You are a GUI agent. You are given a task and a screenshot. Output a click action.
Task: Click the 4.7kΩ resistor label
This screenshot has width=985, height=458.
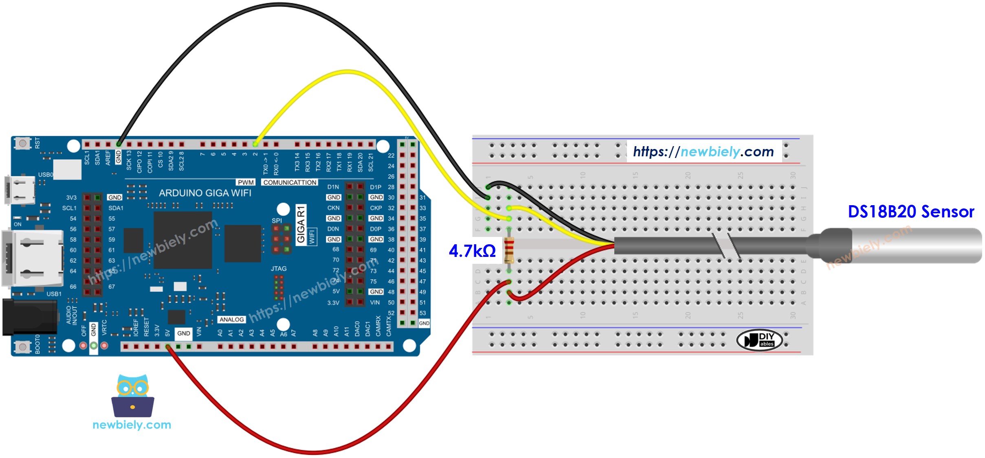coord(472,251)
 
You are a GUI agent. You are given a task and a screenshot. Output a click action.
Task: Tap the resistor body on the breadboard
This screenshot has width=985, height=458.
coord(509,251)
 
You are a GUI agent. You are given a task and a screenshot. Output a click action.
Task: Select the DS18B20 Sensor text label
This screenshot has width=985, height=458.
coord(910,212)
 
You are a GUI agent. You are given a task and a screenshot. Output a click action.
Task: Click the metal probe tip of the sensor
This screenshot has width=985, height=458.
coord(917,245)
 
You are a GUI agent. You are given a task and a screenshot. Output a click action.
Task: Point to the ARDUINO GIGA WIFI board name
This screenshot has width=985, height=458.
coord(205,193)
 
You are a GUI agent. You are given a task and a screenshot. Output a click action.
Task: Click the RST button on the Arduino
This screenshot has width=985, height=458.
coord(22,143)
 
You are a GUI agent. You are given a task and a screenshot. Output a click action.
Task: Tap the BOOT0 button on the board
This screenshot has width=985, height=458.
coord(22,346)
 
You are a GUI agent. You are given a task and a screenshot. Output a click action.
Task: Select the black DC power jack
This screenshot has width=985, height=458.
coord(29,318)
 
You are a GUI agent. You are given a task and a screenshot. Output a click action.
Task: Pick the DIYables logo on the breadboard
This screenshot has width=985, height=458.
coord(759,340)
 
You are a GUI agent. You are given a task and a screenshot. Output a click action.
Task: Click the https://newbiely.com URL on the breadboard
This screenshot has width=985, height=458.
coord(704,152)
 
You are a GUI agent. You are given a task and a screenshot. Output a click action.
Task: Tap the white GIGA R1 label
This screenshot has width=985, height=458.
coord(301,225)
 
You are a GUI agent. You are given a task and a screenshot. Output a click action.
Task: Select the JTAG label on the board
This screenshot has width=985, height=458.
coord(279,269)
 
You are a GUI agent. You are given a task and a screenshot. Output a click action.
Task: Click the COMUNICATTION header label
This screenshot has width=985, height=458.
coord(290,182)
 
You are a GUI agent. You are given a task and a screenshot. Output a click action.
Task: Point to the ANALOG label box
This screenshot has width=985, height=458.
coord(231,320)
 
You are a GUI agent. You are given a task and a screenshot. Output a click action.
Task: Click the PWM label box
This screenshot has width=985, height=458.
coord(246,182)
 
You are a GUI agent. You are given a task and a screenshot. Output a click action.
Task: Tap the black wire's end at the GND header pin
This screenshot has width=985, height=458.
coord(119,144)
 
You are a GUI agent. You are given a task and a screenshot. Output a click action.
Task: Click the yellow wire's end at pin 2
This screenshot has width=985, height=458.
coord(255,144)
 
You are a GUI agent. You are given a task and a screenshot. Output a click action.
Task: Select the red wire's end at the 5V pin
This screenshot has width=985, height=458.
coord(168,347)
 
